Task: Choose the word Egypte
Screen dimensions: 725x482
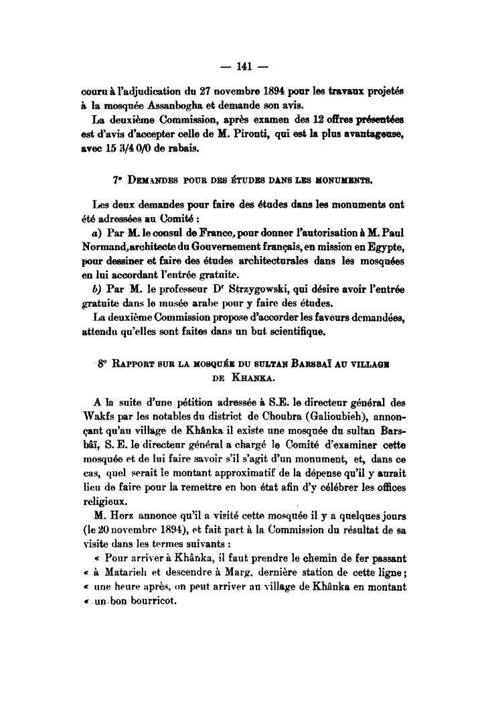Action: (390, 247)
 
